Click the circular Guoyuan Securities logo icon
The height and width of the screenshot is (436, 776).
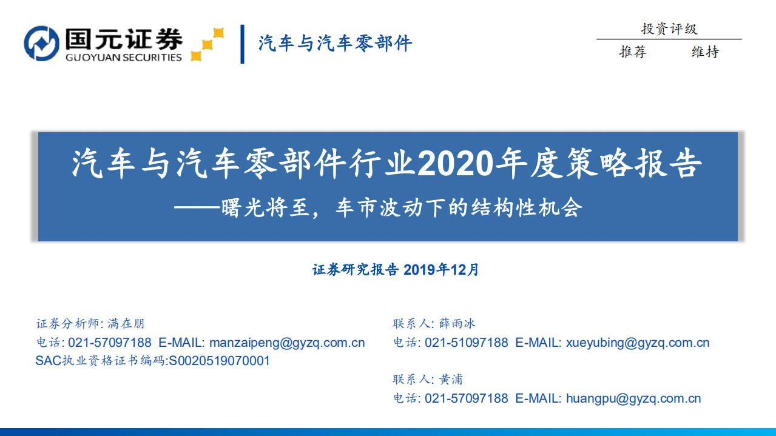[41, 44]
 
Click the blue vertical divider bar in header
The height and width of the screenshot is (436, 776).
[243, 44]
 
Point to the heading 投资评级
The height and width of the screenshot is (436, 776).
[669, 29]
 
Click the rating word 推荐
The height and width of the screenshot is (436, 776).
[633, 52]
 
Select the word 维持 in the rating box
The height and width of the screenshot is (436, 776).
[705, 52]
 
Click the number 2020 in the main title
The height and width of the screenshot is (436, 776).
[452, 163]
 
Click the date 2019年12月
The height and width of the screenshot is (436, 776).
[441, 269]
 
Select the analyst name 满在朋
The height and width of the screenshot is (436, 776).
[126, 324]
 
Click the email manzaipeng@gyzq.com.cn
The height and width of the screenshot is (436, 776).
[287, 343]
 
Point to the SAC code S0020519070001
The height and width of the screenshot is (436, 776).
[219, 361]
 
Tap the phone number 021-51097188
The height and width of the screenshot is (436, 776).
[466, 343]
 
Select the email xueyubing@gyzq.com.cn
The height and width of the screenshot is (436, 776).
[638, 343]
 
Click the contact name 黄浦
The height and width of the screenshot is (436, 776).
[451, 380]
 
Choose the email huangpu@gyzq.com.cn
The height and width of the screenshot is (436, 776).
[633, 398]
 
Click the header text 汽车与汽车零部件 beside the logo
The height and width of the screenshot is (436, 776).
[335, 44]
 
